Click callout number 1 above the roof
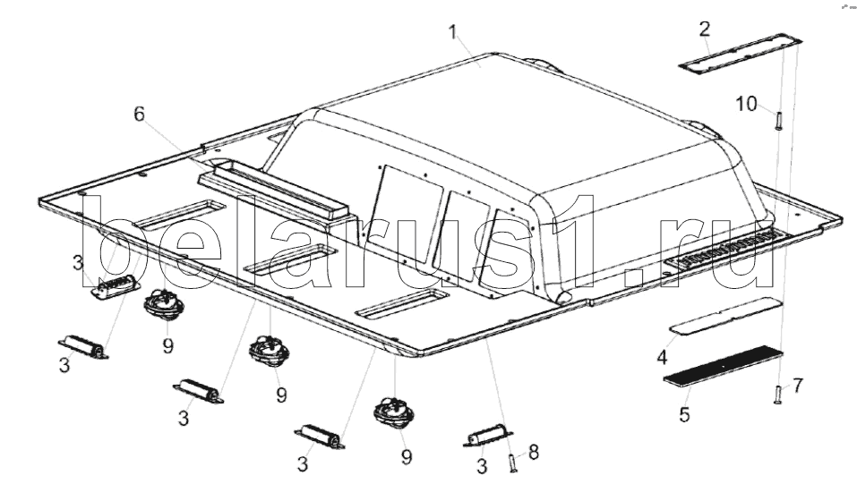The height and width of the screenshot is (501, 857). tap(452, 32)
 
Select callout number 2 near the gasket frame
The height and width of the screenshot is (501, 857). tap(705, 29)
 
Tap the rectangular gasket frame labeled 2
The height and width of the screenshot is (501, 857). tap(741, 54)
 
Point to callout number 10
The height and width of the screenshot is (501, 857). tap(746, 103)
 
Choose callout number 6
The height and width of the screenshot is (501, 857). tap(140, 114)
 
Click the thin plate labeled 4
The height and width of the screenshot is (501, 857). tap(726, 316)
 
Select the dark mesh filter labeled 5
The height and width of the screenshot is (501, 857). tap(723, 366)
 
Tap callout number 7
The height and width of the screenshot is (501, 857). tap(797, 386)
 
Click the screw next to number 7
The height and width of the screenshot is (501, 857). tap(778, 395)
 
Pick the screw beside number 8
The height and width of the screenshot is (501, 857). tap(511, 463)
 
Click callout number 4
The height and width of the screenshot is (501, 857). tap(662, 358)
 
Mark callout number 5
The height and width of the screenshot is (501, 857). tap(684, 414)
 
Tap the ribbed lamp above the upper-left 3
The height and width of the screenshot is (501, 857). tap(115, 287)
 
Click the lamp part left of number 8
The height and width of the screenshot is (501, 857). tap(487, 436)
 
